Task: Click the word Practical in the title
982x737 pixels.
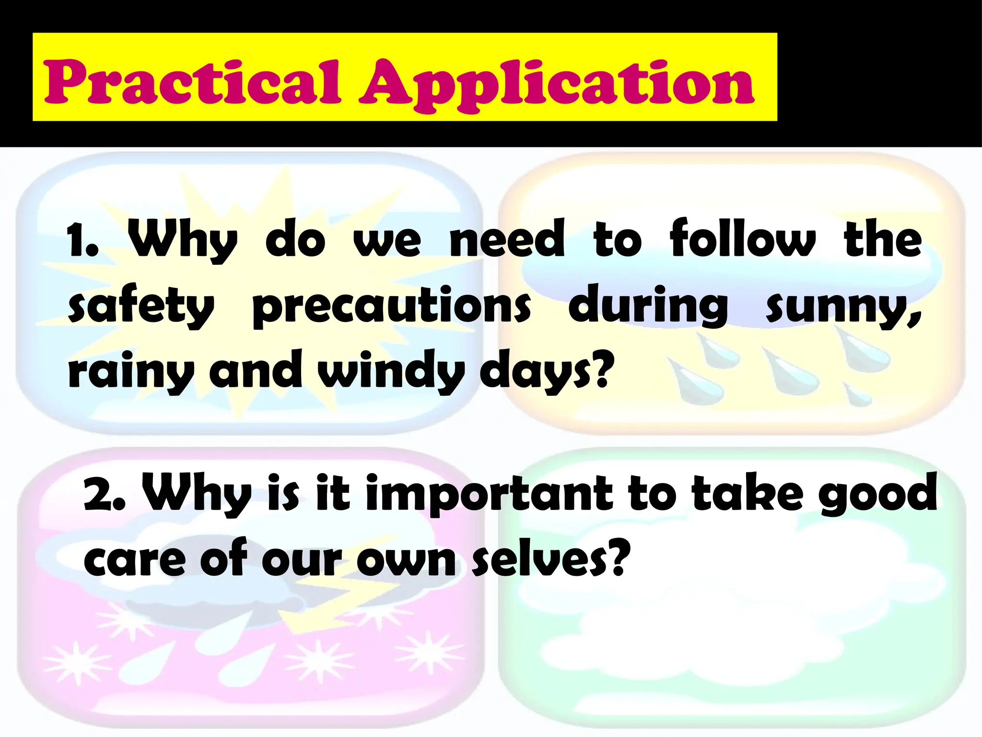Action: (192, 82)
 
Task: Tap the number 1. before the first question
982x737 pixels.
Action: (82, 240)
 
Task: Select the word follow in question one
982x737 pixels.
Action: (742, 238)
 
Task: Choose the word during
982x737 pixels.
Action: (648, 306)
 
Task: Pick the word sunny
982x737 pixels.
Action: (843, 307)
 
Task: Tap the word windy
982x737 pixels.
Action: (391, 372)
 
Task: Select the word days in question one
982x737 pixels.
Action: (547, 372)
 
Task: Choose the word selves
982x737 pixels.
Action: (549, 559)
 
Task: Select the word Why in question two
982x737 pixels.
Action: (197, 494)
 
